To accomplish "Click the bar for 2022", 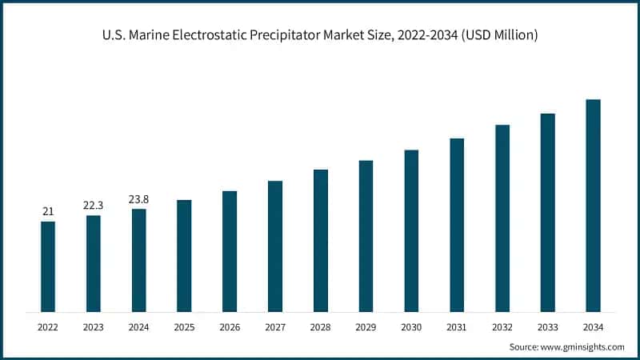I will (48, 266).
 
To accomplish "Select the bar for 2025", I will (184, 256).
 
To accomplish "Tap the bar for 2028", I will (321, 241).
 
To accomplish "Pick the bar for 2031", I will (457, 225).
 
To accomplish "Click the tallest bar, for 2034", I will (593, 206).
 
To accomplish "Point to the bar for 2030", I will (411, 230).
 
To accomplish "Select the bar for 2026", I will (230, 251).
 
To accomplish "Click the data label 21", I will (48, 211).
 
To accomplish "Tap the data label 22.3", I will (94, 206).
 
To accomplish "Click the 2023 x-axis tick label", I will (94, 327).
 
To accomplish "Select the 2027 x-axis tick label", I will (275, 327).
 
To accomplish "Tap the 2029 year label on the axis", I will (366, 327).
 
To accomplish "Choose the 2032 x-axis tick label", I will (502, 327).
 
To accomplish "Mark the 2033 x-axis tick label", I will (547, 327).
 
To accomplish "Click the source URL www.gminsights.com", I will (582, 346).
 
